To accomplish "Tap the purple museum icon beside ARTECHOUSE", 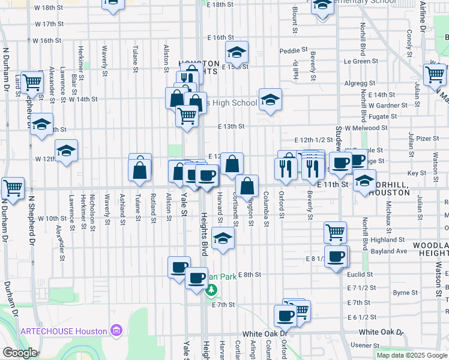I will point(116,331).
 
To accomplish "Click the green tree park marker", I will point(210,291).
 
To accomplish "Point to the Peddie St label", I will point(294,50).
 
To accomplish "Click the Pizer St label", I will point(428,138).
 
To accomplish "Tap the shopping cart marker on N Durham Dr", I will point(13,187).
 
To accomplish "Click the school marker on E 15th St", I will point(237,53).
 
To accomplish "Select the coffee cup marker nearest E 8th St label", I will point(196,277).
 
